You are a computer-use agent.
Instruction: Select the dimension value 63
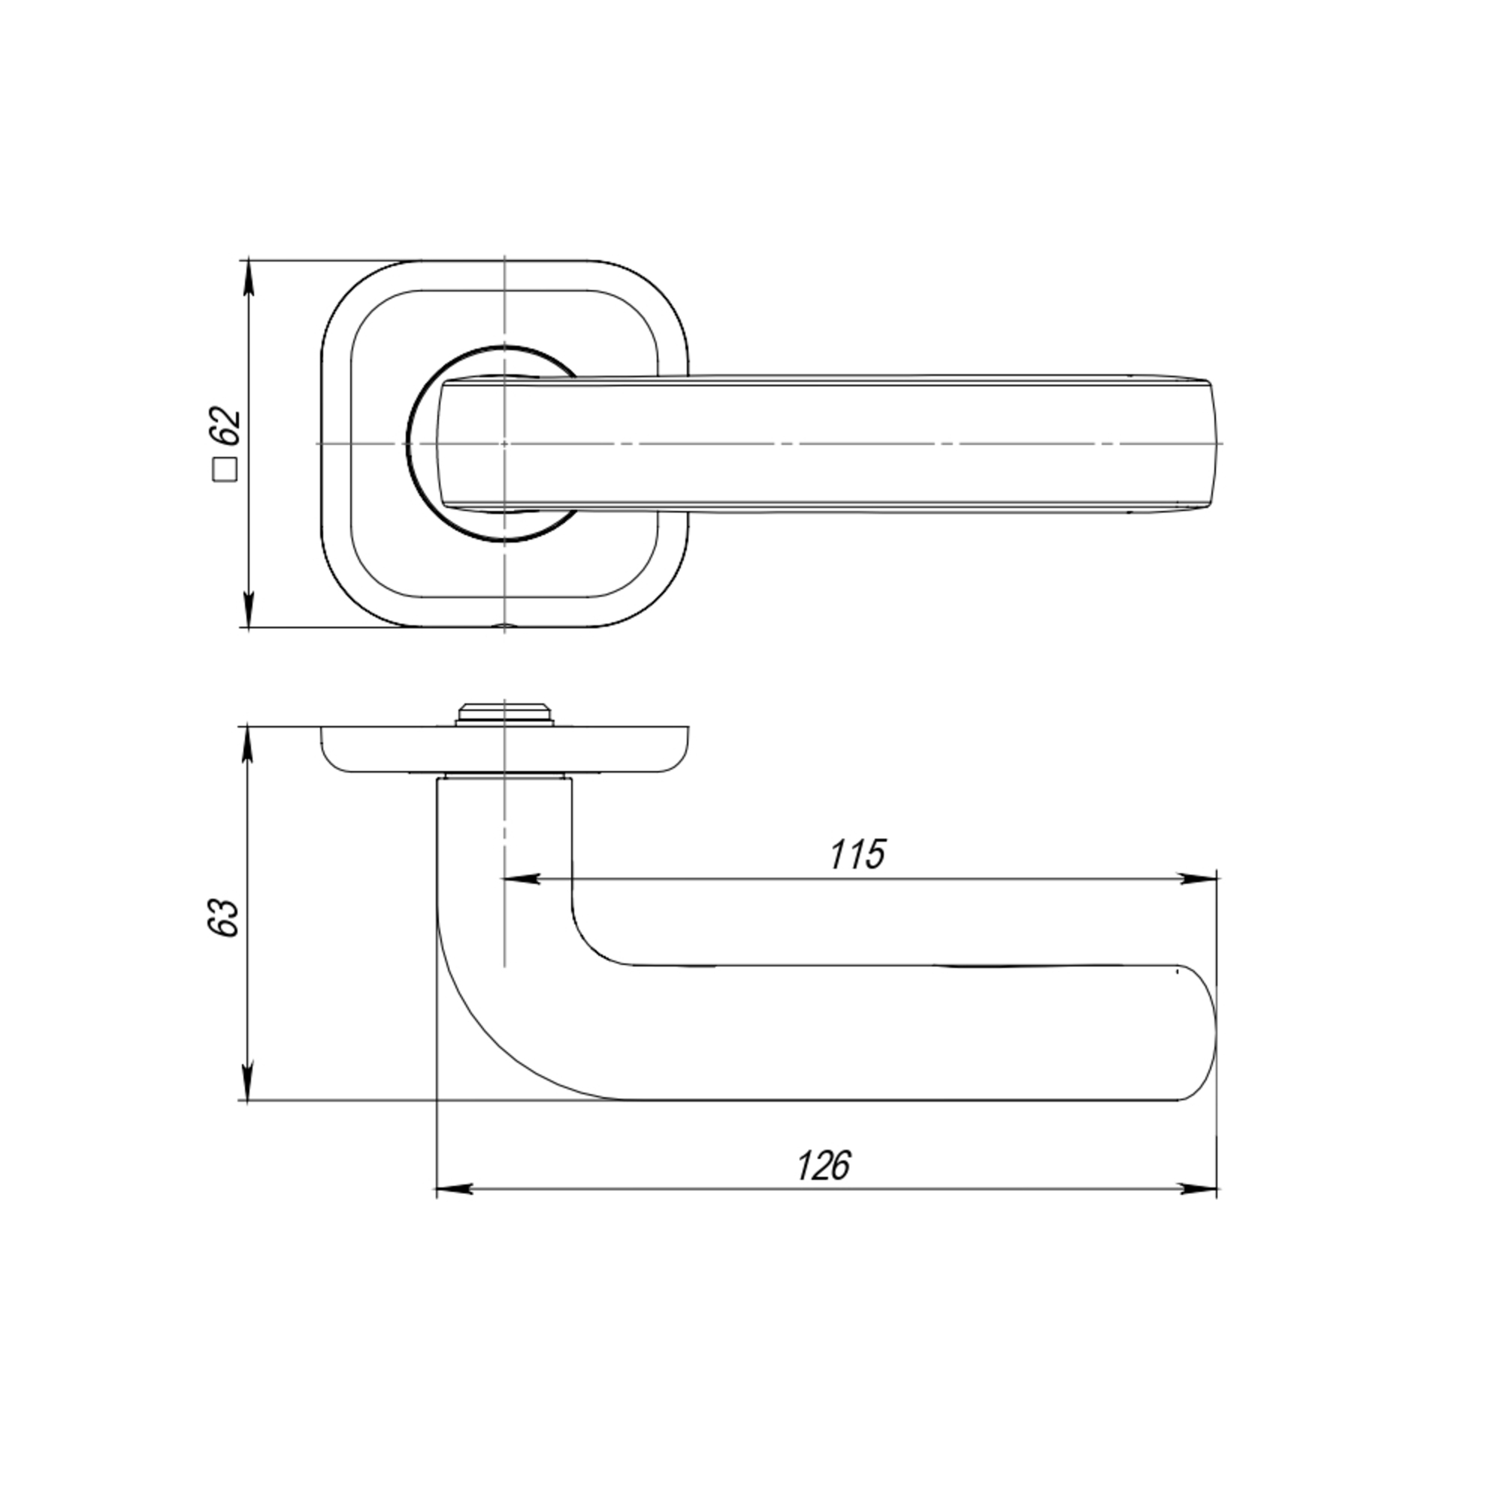(223, 918)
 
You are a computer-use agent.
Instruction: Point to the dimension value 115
(857, 855)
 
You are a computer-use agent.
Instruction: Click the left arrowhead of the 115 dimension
(522, 879)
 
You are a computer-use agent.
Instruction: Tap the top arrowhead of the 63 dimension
(248, 744)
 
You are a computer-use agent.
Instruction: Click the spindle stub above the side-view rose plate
(505, 712)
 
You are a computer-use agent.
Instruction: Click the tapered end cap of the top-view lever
(1214, 443)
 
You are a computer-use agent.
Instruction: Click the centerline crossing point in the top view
(505, 443)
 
